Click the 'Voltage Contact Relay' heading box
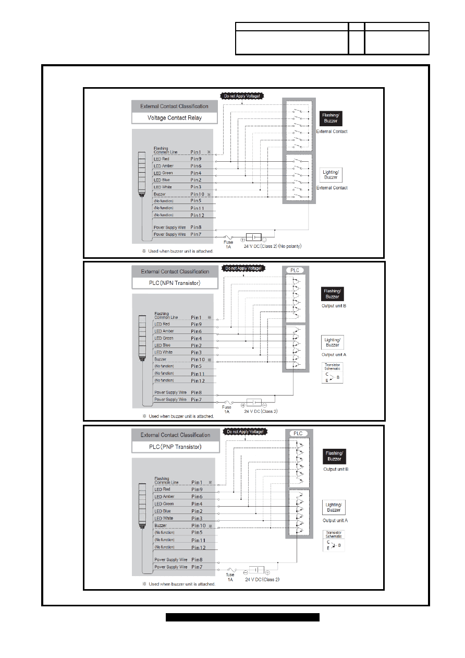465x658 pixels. pyautogui.click(x=175, y=118)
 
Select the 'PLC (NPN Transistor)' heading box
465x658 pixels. pyautogui.click(x=175, y=283)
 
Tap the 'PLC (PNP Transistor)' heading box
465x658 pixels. pyautogui.click(x=176, y=447)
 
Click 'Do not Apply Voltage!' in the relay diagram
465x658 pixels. pyautogui.click(x=242, y=96)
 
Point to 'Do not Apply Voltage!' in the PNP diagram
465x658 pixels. pyautogui.click(x=245, y=432)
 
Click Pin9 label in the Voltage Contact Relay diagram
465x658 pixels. pyautogui.click(x=196, y=159)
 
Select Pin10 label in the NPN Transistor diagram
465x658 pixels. pyautogui.click(x=198, y=360)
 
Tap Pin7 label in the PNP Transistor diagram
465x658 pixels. pyautogui.click(x=197, y=567)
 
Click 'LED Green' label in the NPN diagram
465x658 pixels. pyautogui.click(x=164, y=338)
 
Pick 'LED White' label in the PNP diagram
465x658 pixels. pyautogui.click(x=164, y=518)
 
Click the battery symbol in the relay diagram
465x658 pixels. pyautogui.click(x=253, y=237)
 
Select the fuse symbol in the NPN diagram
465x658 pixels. pyautogui.click(x=228, y=402)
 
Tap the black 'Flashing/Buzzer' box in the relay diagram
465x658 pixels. pyautogui.click(x=331, y=118)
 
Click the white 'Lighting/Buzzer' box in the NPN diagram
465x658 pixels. pyautogui.click(x=333, y=342)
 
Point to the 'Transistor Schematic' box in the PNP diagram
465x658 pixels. pyautogui.click(x=334, y=541)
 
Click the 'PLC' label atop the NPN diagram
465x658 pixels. pyautogui.click(x=295, y=270)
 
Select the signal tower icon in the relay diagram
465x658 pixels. pyautogui.click(x=142, y=174)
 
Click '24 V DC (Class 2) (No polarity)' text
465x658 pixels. pyautogui.click(x=273, y=246)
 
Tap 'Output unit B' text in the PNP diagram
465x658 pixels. pyautogui.click(x=336, y=469)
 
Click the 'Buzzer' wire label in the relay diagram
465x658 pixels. pyautogui.click(x=160, y=194)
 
